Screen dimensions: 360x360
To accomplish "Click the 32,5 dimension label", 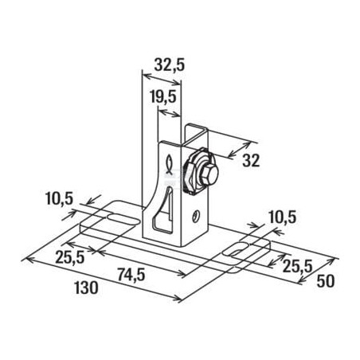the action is (x=169, y=65).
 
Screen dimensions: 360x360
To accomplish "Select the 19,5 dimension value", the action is (x=163, y=96).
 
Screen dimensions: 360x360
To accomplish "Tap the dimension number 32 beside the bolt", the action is (x=251, y=160).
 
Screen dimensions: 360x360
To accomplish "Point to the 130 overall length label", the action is (x=86, y=288).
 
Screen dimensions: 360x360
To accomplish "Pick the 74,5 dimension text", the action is (x=131, y=275).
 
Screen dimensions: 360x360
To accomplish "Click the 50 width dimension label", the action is (x=326, y=281).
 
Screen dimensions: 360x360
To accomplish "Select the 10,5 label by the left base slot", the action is (x=59, y=198).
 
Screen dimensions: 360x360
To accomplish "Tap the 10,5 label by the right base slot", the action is (x=282, y=217).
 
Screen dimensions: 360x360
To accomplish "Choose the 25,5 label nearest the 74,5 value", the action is (x=70, y=257).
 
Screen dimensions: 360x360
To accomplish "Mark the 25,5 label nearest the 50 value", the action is (x=297, y=266).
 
